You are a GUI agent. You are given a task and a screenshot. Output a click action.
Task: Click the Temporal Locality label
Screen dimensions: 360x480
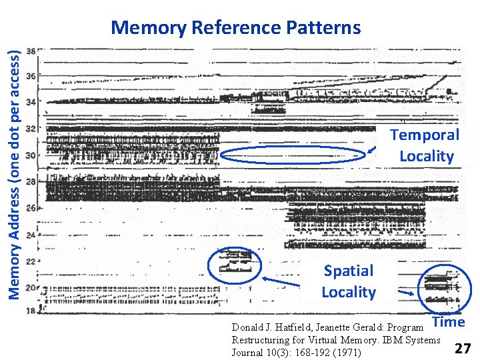tap(425, 145)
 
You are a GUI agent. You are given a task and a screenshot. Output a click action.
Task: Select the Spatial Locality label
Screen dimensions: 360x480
tap(349, 281)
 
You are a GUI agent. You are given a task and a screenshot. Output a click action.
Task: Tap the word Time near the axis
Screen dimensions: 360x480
tap(449, 322)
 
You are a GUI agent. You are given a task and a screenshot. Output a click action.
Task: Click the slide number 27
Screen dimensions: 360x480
tap(462, 348)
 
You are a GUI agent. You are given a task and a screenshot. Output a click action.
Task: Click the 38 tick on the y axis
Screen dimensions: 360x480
tap(31, 51)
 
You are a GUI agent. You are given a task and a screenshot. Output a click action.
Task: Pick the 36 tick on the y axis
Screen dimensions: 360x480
tap(31, 76)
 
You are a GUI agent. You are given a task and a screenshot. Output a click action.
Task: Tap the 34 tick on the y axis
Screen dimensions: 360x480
tap(31, 103)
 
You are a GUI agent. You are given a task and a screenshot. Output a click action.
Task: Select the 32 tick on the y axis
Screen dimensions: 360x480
tap(31, 129)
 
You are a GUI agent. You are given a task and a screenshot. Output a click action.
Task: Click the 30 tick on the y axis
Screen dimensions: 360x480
tap(31, 155)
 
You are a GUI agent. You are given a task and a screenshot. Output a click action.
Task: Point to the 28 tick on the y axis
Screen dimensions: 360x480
tap(31, 181)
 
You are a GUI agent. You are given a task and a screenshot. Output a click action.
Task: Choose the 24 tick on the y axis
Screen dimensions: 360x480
tap(31, 234)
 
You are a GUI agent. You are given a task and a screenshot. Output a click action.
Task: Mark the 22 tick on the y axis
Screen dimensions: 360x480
tap(31, 261)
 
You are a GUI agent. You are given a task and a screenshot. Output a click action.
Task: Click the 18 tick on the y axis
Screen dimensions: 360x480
tap(31, 311)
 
